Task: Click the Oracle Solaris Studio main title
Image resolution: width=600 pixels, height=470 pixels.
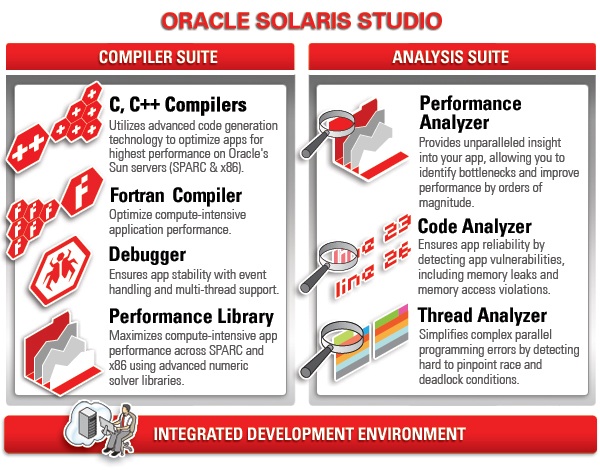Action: (302, 21)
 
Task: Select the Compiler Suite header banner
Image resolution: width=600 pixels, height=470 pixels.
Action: (150, 57)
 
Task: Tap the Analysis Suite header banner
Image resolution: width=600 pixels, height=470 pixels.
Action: (452, 57)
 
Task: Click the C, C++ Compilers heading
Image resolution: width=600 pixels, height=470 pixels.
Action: (178, 104)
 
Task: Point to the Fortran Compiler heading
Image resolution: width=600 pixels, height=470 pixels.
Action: (176, 196)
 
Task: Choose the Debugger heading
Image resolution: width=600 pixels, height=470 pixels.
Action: (147, 255)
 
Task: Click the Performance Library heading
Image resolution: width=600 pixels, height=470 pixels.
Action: (191, 317)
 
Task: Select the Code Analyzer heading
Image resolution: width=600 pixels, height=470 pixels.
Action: (474, 226)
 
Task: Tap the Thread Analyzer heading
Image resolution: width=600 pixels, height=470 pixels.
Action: (482, 315)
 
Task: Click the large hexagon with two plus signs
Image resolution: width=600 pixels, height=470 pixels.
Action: (28, 148)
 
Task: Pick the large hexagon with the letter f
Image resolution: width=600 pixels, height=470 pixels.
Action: (82, 192)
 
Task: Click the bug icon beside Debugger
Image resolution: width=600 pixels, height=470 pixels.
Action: (61, 270)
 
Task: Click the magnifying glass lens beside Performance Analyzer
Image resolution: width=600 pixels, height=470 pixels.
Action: (336, 125)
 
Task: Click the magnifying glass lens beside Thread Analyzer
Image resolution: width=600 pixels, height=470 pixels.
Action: (343, 334)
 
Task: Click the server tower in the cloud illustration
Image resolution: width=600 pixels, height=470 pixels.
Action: (87, 423)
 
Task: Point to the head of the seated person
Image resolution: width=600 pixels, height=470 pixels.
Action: (125, 410)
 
